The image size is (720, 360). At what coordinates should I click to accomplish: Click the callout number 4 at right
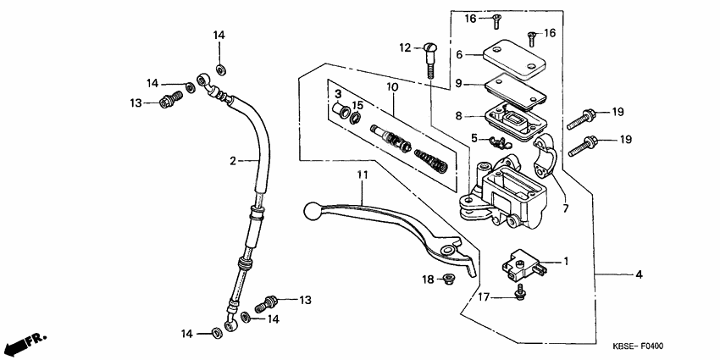[x=640, y=274]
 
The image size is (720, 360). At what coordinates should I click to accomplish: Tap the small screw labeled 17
[x=519, y=291]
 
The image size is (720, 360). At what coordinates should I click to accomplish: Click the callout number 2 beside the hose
[x=231, y=160]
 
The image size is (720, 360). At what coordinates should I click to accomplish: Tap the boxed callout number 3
[x=336, y=93]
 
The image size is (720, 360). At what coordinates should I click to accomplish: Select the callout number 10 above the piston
[x=392, y=87]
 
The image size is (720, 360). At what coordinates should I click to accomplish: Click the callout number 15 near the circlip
[x=357, y=105]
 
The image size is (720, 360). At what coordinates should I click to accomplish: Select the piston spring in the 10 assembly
[x=432, y=157]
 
